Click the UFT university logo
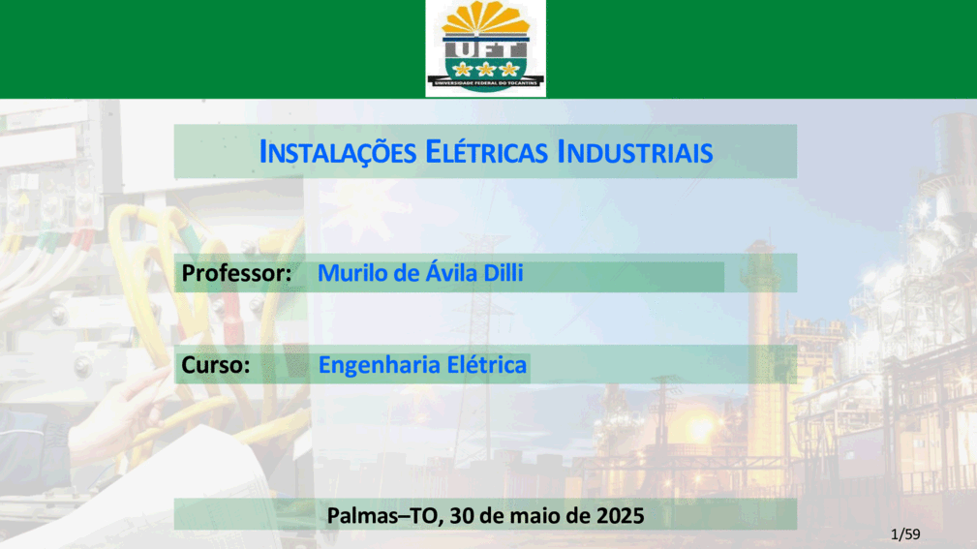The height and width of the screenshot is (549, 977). tap(485, 48)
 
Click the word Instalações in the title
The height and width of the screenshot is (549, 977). tap(338, 152)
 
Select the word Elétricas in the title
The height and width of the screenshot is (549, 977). tap(487, 152)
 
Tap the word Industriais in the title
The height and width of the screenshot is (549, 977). tap(635, 152)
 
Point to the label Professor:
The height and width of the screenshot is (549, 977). tap(236, 273)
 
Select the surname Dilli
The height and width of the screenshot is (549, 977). tap(504, 273)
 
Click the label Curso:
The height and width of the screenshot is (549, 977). tap(216, 364)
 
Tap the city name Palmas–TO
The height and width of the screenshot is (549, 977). tap(383, 515)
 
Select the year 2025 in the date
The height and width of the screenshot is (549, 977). tap(620, 515)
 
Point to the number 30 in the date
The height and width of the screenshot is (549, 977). tap(461, 515)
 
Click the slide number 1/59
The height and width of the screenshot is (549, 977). tap(905, 534)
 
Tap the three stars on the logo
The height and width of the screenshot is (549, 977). tap(485, 69)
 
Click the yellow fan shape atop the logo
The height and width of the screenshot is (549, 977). tap(485, 17)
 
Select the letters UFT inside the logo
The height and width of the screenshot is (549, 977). tap(485, 49)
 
